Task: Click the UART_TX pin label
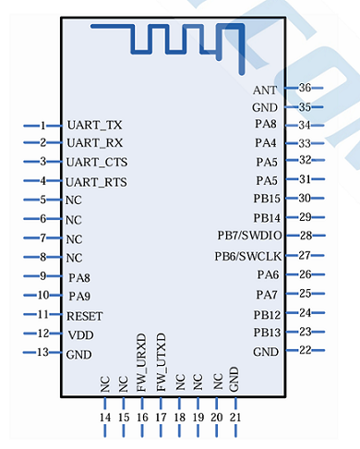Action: pyautogui.click(x=94, y=125)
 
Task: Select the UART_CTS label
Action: pyautogui.click(x=97, y=162)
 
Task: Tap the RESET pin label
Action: pyautogui.click(x=85, y=315)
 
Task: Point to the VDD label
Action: pyautogui.click(x=80, y=334)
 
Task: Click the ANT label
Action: pyautogui.click(x=264, y=90)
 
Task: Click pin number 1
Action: pyautogui.click(x=42, y=125)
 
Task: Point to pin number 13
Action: pyautogui.click(x=42, y=353)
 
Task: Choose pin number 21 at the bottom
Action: pyautogui.click(x=234, y=418)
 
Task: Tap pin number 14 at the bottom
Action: pyautogui.click(x=104, y=418)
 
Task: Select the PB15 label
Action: pyautogui.click(x=266, y=199)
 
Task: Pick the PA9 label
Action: pyautogui.click(x=79, y=296)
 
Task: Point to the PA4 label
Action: pyautogui.click(x=266, y=143)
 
